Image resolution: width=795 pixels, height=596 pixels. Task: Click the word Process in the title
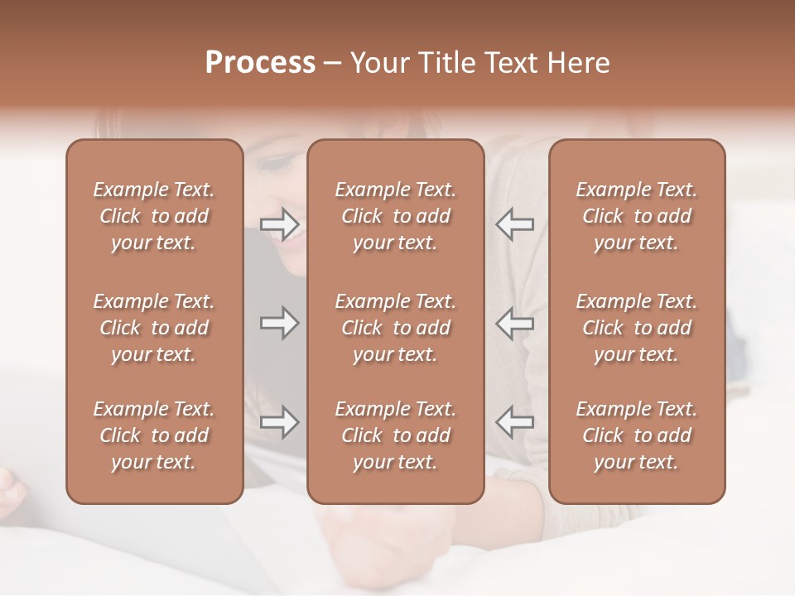(260, 63)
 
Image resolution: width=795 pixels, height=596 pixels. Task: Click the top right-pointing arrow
(280, 223)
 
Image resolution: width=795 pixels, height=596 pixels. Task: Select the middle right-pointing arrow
(280, 323)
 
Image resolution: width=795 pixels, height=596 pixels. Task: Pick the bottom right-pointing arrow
(280, 422)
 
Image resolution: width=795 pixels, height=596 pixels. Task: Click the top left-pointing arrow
(514, 223)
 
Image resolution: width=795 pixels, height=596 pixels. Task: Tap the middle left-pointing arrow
(514, 323)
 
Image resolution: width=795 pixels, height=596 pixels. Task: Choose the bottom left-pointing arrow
(514, 422)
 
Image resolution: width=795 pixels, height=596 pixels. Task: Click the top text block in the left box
(154, 216)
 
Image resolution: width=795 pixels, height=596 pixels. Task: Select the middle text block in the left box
(154, 328)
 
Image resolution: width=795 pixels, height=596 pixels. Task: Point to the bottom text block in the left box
(154, 435)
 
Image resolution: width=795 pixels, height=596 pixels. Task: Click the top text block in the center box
(395, 216)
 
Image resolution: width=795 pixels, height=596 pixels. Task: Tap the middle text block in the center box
(395, 328)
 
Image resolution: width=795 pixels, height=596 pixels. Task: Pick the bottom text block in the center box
(395, 435)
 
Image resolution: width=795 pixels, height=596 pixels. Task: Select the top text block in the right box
(636, 216)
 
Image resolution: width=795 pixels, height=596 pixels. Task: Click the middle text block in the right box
(636, 328)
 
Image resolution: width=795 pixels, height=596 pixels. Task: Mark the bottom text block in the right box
(636, 435)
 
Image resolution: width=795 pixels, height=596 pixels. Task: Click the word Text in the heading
(509, 63)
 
